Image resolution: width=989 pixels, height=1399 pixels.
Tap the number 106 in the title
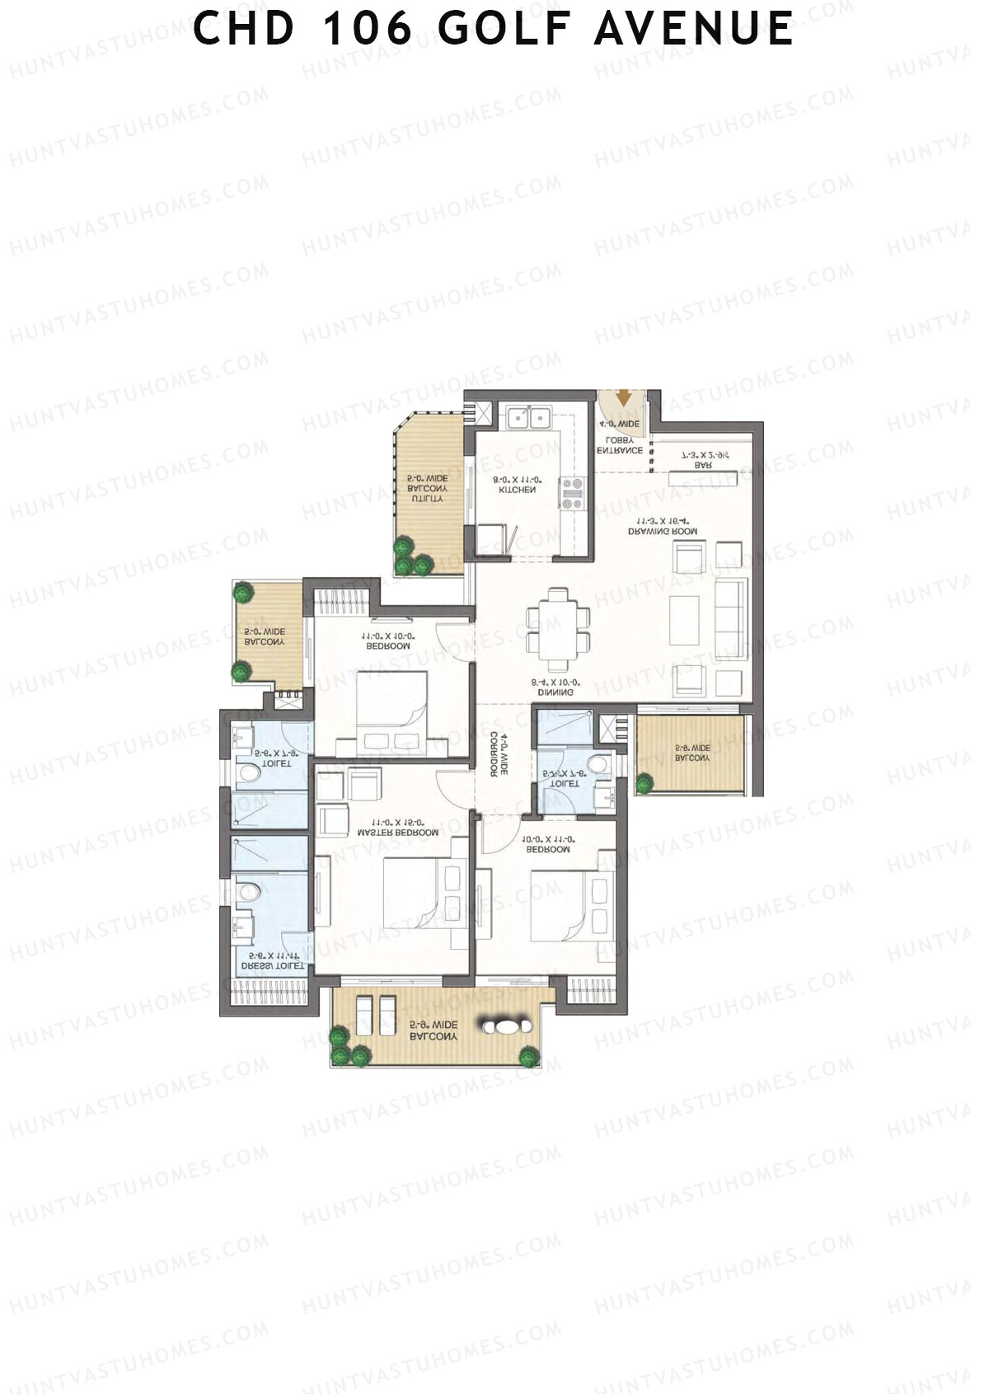pyautogui.click(x=367, y=30)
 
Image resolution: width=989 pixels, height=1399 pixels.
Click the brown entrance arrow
pyautogui.click(x=624, y=398)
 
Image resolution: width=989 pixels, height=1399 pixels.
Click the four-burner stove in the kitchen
pyautogui.click(x=571, y=493)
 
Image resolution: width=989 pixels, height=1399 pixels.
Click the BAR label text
pyautogui.click(x=703, y=465)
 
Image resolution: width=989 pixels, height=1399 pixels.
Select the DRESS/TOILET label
pyautogui.click(x=272, y=961)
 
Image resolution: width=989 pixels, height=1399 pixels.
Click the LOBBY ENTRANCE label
pyautogui.click(x=620, y=445)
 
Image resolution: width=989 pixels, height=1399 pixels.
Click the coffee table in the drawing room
pyautogui.click(x=685, y=620)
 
